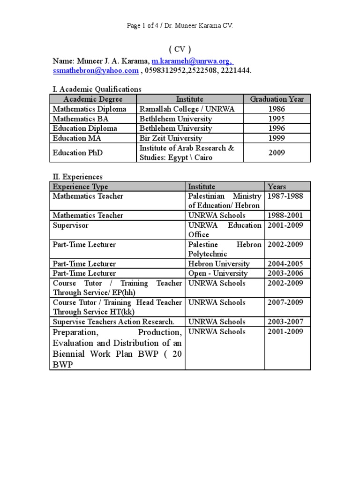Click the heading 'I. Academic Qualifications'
[97, 89]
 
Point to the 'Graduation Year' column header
[277, 99]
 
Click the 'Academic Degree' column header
[93, 99]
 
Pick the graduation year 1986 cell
[277, 109]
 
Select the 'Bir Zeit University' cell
[171, 138]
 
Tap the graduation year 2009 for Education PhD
[277, 153]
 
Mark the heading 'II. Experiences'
[77, 177]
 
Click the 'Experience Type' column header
[80, 187]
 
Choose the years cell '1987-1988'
[285, 196]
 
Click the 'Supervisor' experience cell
[70, 225]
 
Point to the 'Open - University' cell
[217, 273]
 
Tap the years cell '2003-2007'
[285, 322]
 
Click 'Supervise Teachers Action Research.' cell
[113, 322]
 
